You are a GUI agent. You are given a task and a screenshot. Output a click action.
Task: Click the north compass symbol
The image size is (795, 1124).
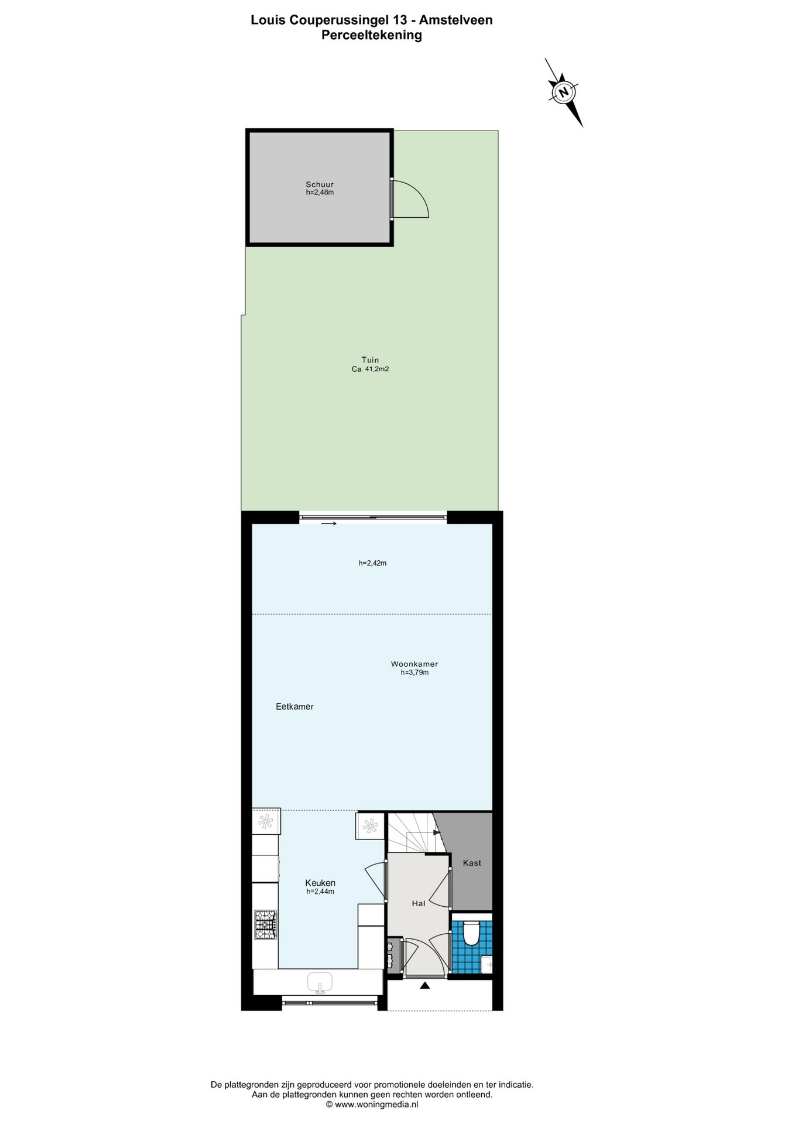point(564,92)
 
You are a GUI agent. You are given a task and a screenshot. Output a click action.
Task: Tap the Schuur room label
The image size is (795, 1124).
point(320,184)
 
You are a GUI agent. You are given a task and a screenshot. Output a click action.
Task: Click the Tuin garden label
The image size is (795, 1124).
point(370,360)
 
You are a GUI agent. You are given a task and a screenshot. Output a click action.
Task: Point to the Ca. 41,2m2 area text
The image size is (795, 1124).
point(370,369)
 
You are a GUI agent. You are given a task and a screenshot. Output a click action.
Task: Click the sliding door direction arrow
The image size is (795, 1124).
point(329,523)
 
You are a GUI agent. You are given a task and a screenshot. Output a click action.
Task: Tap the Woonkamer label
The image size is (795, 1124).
point(414,664)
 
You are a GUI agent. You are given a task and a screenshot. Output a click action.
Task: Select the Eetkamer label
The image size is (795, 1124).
point(294,707)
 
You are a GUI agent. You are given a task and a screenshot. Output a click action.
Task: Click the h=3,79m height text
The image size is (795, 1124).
point(414,673)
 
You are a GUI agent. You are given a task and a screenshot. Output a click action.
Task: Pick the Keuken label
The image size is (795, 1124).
point(320,883)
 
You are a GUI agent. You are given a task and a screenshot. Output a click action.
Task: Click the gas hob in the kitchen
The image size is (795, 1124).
point(266,924)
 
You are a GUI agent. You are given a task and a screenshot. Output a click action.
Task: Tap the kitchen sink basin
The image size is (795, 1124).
point(320,982)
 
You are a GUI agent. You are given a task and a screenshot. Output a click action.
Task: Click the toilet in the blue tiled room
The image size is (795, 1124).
point(471,933)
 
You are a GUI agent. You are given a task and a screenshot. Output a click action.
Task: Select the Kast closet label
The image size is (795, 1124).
point(472,863)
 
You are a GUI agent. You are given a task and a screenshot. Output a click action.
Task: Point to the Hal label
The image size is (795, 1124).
point(419,903)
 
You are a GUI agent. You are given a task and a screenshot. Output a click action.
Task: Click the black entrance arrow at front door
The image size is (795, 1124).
point(425,985)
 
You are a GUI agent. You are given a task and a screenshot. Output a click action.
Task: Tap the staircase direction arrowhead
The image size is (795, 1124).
point(436,832)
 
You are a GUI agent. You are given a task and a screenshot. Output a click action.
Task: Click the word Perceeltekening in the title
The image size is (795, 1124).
point(372,35)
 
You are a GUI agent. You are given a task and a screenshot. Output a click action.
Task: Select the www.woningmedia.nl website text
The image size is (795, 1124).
point(376,1105)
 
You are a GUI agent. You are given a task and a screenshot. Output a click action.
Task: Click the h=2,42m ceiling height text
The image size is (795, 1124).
point(373,563)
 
